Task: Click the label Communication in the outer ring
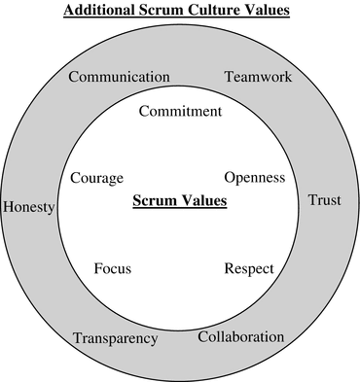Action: click(119, 78)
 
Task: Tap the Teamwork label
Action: click(257, 77)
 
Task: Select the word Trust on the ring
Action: click(324, 201)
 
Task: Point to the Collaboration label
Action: click(241, 337)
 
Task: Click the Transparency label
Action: click(115, 338)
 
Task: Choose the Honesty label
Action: click(29, 207)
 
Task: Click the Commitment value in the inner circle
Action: click(180, 111)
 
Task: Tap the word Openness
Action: click(254, 178)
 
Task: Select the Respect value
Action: click(249, 268)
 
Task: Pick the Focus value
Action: click(113, 268)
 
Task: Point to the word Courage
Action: click(97, 178)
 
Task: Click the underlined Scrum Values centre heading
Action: click(179, 202)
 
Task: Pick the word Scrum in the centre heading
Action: click(155, 202)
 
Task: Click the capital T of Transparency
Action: click(78, 338)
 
